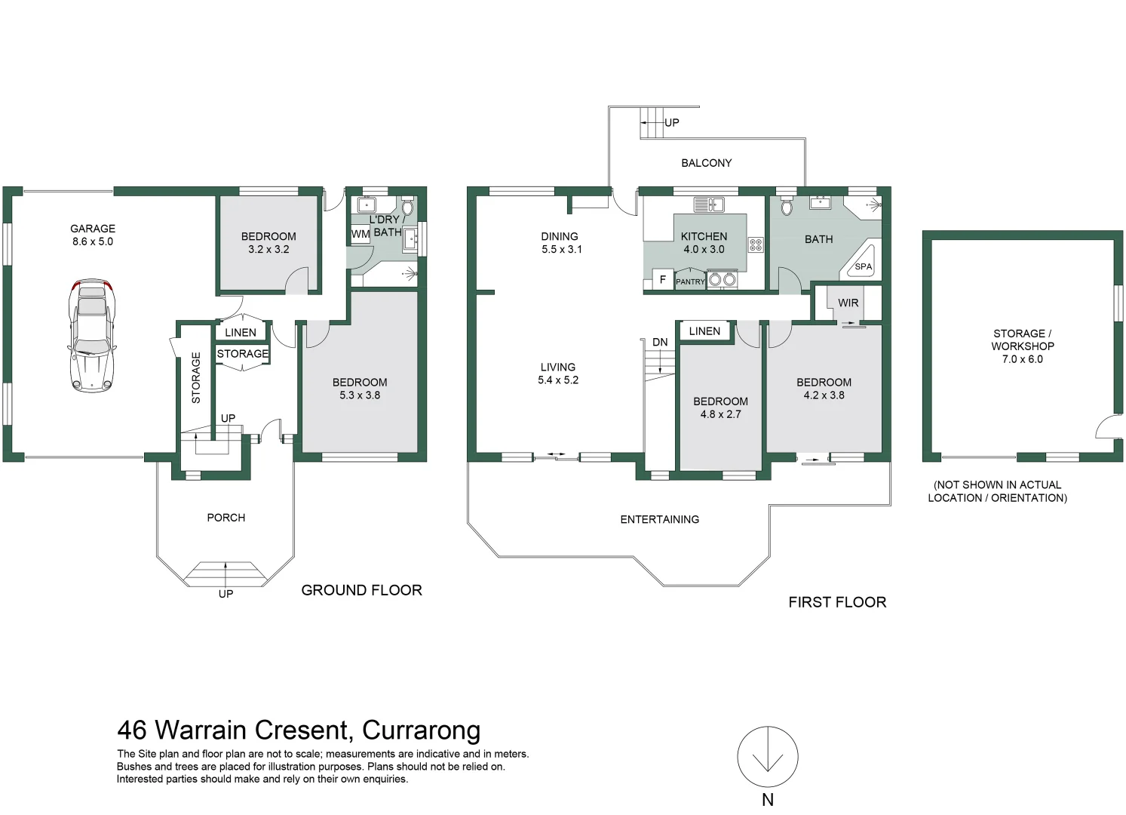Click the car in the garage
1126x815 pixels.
pyautogui.click(x=92, y=336)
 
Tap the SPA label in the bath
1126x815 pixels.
pyautogui.click(x=863, y=266)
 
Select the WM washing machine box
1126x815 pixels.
pyautogui.click(x=361, y=234)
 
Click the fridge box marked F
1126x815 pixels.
pyautogui.click(x=663, y=279)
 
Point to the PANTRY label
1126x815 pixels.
pyautogui.click(x=690, y=281)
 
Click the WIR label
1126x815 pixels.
pyautogui.click(x=848, y=303)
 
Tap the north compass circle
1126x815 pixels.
pyautogui.click(x=768, y=757)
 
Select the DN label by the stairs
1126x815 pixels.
pyautogui.click(x=660, y=342)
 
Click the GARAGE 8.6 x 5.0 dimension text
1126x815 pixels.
pyautogui.click(x=93, y=241)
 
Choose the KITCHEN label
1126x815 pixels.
pyautogui.click(x=704, y=236)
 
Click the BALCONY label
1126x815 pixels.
pyautogui.click(x=706, y=163)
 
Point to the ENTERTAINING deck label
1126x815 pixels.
pyautogui.click(x=659, y=520)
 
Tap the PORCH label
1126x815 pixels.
pyautogui.click(x=226, y=518)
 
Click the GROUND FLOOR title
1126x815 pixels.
pyautogui.click(x=361, y=590)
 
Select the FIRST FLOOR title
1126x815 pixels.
pyautogui.click(x=837, y=602)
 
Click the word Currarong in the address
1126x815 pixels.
pyautogui.click(x=422, y=730)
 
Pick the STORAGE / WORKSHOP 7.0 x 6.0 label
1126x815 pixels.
pyautogui.click(x=1023, y=346)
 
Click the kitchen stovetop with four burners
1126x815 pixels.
pyautogui.click(x=756, y=245)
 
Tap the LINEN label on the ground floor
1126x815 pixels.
pyautogui.click(x=241, y=333)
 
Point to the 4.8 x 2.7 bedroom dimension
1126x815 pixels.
pyautogui.click(x=720, y=414)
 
